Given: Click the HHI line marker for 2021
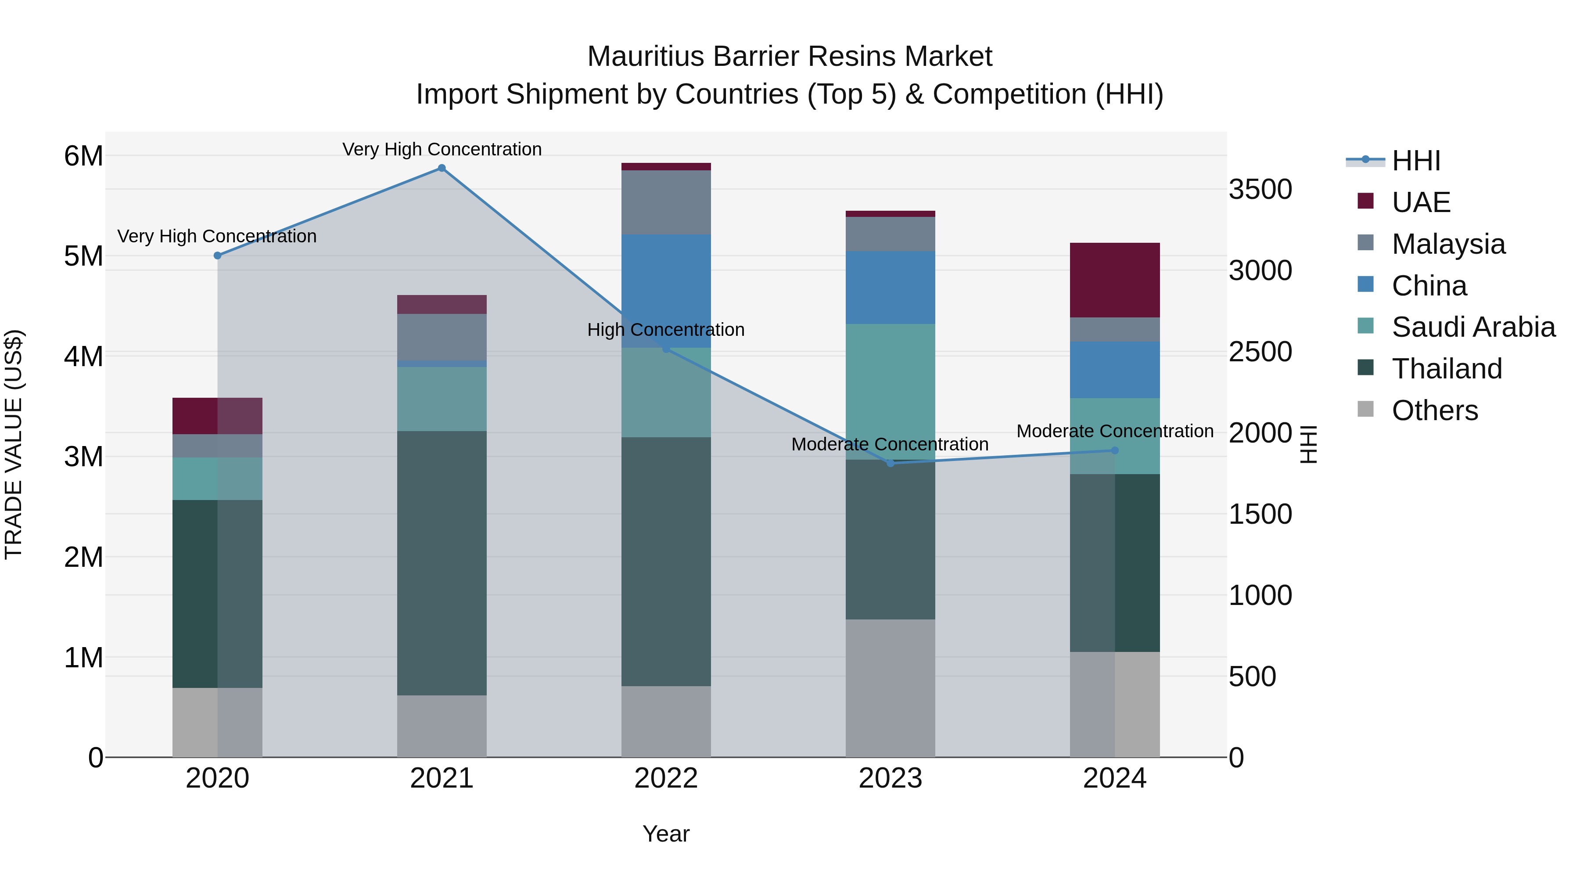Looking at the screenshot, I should [x=442, y=168].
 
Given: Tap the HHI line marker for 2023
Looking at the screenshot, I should [x=891, y=463].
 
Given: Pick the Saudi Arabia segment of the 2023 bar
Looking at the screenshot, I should [x=891, y=392].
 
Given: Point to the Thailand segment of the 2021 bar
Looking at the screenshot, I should [x=442, y=563].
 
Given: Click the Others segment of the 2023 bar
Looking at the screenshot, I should [x=891, y=688].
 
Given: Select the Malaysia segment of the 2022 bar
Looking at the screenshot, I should [x=666, y=202].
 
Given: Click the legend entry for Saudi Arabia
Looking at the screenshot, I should [x=1473, y=327].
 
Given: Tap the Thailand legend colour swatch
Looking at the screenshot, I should [x=1366, y=368].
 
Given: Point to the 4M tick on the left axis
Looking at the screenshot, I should [x=83, y=356].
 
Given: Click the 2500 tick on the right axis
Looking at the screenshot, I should [x=1260, y=352].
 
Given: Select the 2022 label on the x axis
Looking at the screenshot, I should [x=666, y=778].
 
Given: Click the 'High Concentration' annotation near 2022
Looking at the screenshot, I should [x=666, y=329].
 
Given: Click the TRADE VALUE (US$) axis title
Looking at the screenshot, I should [x=14, y=444].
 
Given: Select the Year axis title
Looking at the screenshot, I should [x=666, y=834].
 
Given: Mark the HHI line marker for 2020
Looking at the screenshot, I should [x=218, y=255].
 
